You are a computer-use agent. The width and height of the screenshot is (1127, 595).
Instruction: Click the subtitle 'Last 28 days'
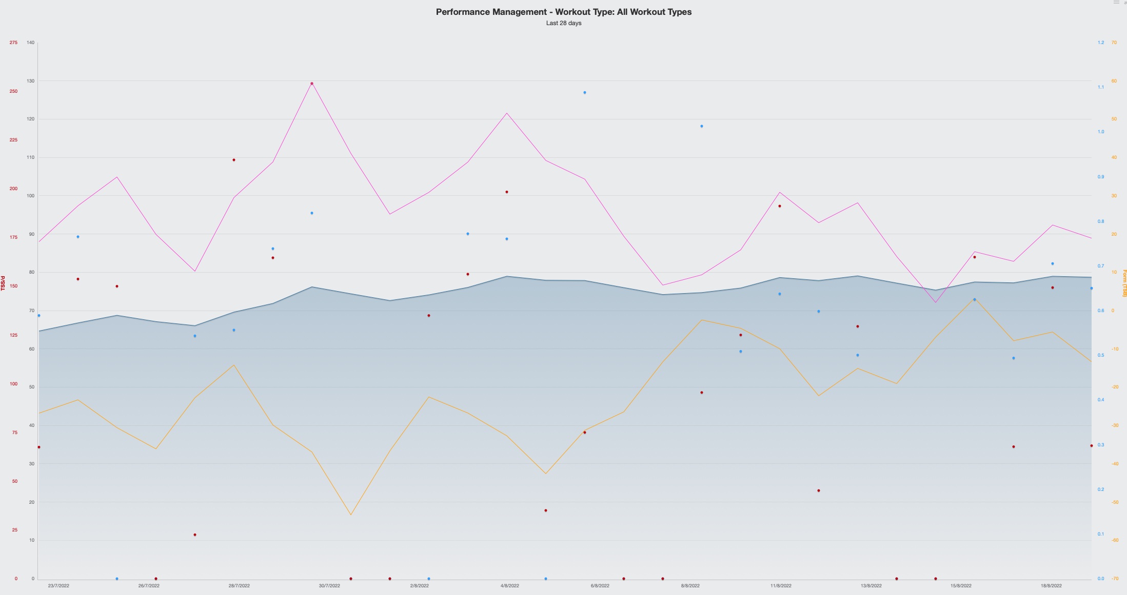point(563,23)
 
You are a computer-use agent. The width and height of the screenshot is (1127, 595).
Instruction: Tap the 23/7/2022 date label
point(58,585)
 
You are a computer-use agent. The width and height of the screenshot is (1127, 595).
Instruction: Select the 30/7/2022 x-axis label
point(329,585)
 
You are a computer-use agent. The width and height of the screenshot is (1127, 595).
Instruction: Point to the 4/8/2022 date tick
point(509,585)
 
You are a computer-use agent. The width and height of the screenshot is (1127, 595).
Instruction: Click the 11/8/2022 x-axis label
point(781,585)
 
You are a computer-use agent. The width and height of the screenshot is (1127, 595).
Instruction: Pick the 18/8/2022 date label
point(1051,585)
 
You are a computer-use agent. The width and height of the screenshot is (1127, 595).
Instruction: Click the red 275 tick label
point(13,43)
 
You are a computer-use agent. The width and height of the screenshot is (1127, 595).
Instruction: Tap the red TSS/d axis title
point(3,283)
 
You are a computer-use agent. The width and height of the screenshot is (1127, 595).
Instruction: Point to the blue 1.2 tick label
point(1101,43)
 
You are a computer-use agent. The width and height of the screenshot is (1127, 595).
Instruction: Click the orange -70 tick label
point(1115,579)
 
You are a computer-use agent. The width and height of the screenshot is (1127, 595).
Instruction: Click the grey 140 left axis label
point(31,43)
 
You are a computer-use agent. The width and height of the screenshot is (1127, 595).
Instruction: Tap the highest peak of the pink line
point(312,83)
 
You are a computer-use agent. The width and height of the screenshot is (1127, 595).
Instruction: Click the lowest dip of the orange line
point(351,515)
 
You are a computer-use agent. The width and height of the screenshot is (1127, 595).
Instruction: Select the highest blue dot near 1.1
point(585,93)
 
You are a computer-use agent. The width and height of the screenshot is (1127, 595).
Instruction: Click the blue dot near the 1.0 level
point(702,126)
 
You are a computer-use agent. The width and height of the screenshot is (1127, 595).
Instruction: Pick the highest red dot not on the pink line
point(234,160)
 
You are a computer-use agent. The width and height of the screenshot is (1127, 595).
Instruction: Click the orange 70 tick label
point(1114,43)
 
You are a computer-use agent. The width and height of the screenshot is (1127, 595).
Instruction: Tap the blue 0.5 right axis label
point(1101,355)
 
